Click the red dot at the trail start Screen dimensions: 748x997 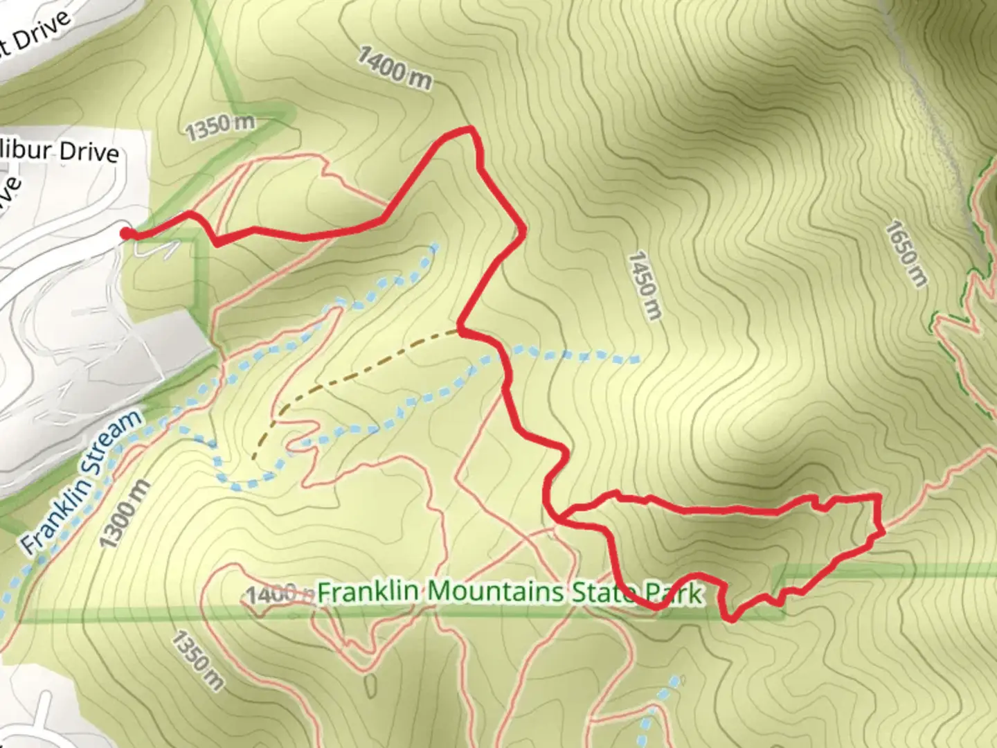pos(125,233)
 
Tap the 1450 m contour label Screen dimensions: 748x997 pos(644,285)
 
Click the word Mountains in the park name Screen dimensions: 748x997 pos(494,592)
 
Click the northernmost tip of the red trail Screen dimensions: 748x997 pos(469,128)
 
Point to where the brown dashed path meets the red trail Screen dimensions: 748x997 pos(460,332)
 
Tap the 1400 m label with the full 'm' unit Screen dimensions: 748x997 pos(395,69)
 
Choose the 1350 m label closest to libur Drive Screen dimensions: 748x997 pos(220,127)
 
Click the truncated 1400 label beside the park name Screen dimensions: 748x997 pos(271,594)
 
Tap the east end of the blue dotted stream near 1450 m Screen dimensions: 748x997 pos(636,359)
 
